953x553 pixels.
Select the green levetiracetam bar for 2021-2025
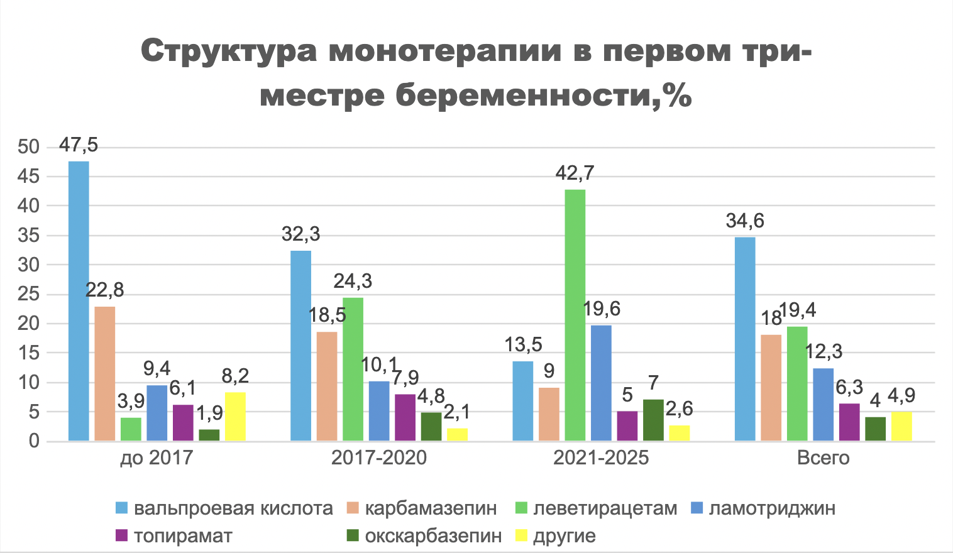coord(575,314)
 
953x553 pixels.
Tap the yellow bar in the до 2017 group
coord(235,416)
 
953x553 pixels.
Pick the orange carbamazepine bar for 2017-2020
coord(327,386)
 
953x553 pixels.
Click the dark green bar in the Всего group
coord(875,429)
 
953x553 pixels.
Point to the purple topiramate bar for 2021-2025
coord(627,425)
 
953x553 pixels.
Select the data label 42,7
coord(575,173)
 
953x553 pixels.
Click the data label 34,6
coord(745,221)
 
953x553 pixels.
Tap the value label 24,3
coord(353,281)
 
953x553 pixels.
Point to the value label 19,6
coord(601,309)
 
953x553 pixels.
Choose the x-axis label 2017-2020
coord(379,457)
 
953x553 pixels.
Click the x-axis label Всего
coord(823,457)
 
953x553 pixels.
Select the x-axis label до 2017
coord(157,457)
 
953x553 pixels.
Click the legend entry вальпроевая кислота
coord(233,508)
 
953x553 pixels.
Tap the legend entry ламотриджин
coord(772,508)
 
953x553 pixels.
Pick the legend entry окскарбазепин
coord(433,536)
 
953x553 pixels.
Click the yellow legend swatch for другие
coord(521,536)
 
